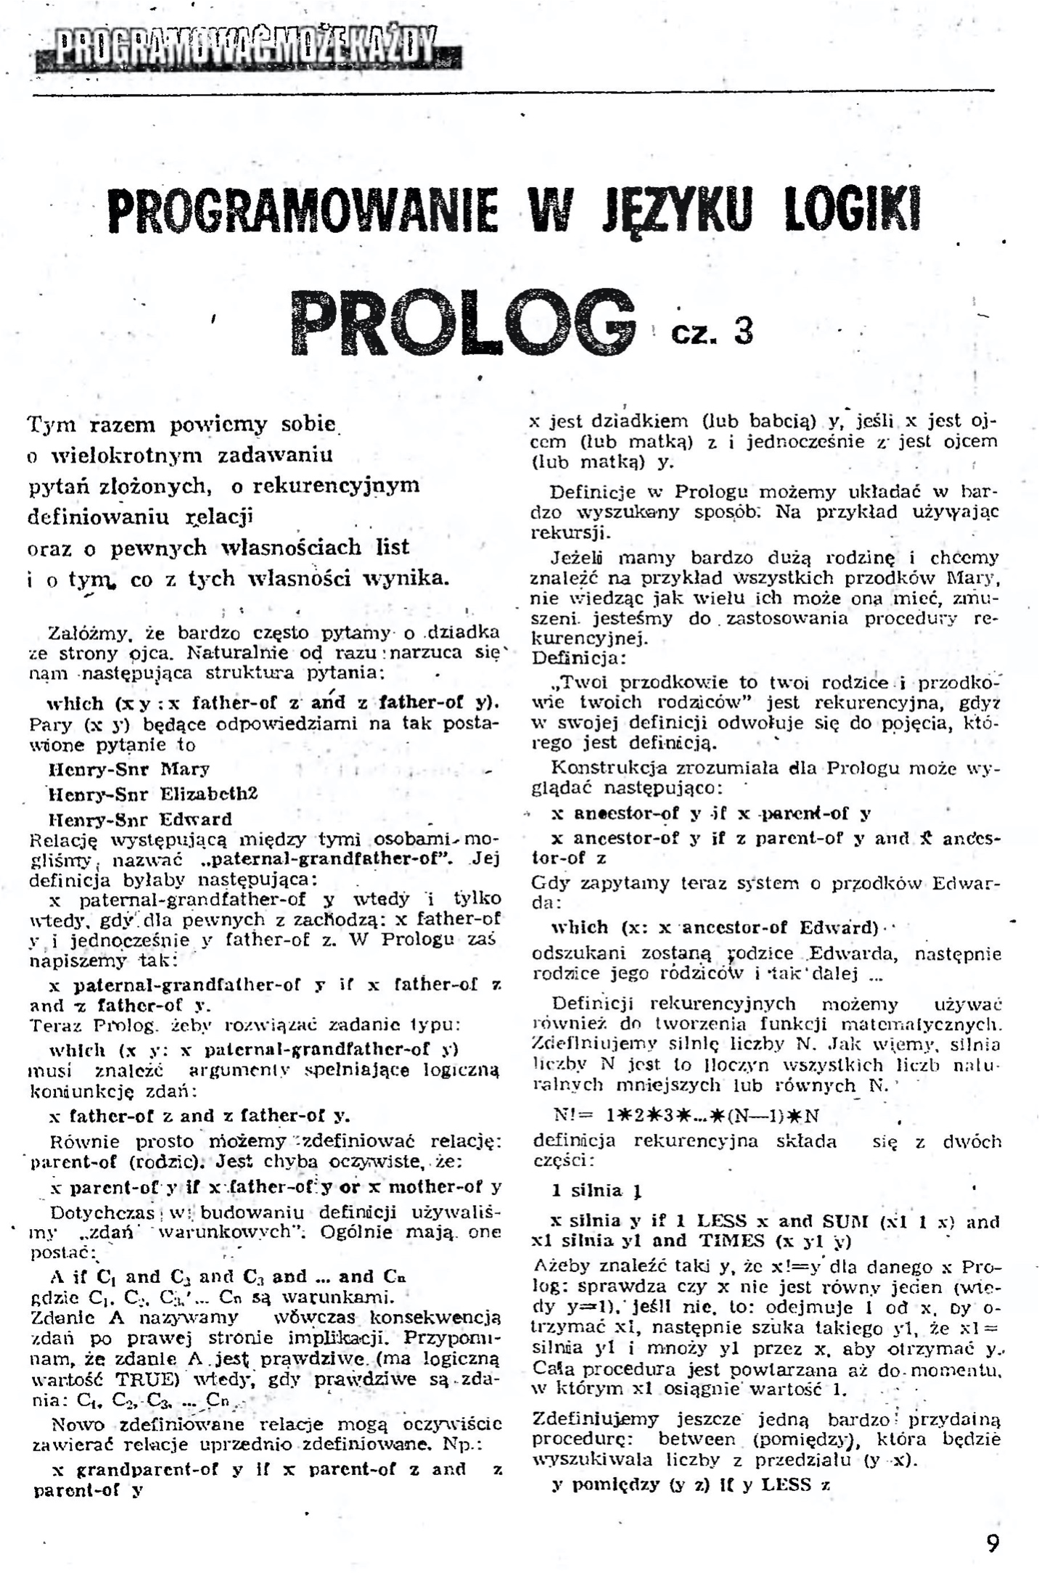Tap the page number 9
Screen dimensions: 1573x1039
(993, 1543)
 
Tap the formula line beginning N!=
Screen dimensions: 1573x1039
(686, 1115)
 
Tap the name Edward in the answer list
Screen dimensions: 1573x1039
(195, 820)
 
